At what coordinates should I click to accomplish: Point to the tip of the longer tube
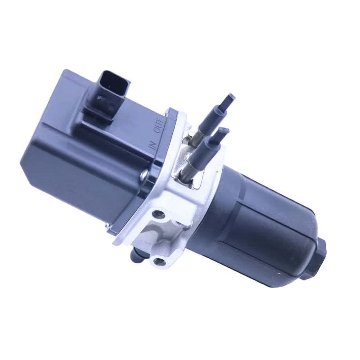click(x=231, y=97)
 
